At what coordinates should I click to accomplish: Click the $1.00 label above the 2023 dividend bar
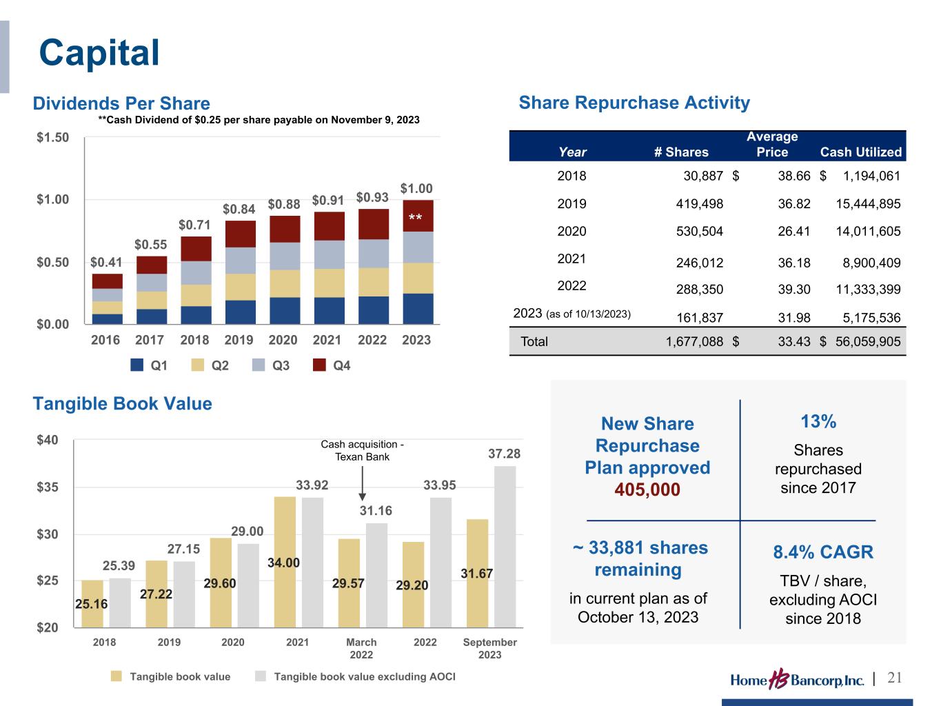click(x=416, y=188)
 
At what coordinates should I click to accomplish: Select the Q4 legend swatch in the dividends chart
click(x=319, y=365)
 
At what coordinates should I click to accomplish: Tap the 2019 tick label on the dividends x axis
click(x=239, y=340)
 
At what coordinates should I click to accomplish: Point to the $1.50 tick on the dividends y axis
click(x=52, y=137)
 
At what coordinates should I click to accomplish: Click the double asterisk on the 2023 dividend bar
click(x=415, y=219)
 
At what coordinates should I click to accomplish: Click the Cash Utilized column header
click(x=860, y=152)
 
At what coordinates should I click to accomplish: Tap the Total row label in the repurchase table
click(x=534, y=341)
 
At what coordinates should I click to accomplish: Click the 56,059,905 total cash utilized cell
click(x=868, y=341)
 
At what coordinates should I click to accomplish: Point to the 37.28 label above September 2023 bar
click(x=504, y=454)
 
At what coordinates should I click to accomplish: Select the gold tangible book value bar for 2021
click(x=285, y=562)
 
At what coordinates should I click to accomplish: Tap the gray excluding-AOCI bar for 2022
click(x=441, y=562)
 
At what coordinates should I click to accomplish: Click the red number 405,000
click(x=647, y=490)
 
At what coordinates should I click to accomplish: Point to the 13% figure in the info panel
click(x=818, y=421)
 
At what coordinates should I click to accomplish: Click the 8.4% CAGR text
click(x=822, y=552)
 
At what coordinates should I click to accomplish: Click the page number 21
click(x=894, y=678)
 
